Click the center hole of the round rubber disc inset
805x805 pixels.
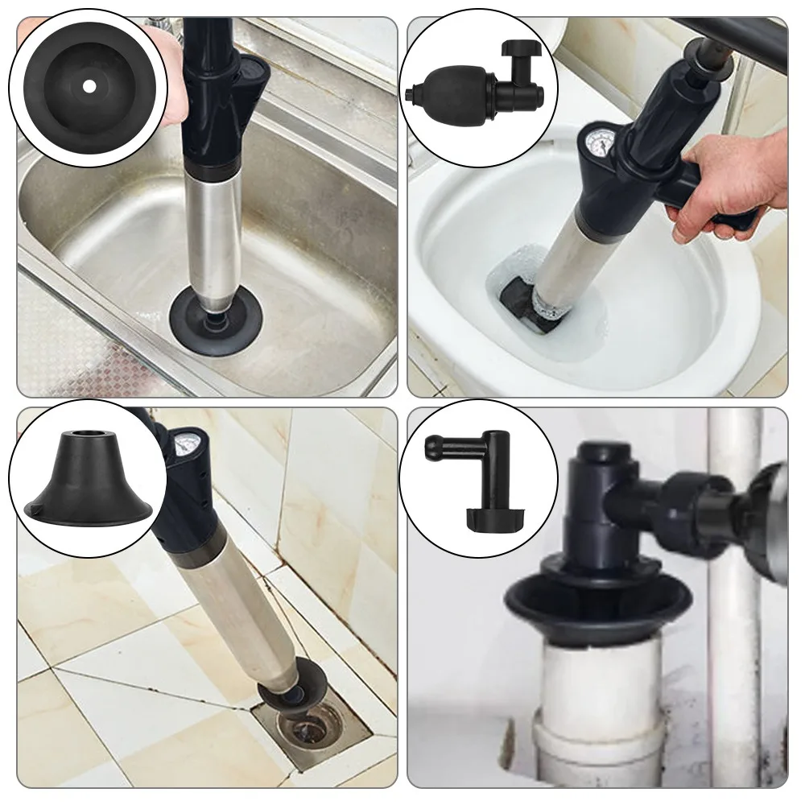pos(89,85)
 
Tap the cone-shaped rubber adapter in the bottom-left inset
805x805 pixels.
pos(87,479)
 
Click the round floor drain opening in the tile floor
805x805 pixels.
pos(311,729)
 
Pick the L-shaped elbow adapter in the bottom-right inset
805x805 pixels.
pos(483,475)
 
